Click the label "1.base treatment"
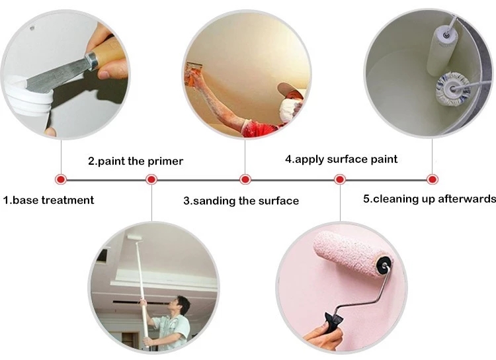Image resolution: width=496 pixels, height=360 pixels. (48, 200)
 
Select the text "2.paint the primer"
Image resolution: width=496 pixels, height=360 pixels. (136, 161)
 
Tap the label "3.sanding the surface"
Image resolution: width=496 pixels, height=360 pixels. (241, 201)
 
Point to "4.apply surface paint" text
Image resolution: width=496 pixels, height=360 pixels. (341, 159)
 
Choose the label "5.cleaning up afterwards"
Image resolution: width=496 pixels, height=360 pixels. (429, 199)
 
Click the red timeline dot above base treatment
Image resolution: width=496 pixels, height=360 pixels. (60, 179)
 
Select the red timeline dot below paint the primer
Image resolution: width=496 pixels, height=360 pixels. (151, 179)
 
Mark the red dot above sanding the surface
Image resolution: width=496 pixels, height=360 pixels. (245, 179)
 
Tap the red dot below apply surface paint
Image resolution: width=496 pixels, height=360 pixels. (340, 179)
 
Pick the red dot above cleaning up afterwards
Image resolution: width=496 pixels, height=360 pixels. (432, 179)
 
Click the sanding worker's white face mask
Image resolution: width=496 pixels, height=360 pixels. (288, 110)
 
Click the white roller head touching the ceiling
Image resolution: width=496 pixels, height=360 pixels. (134, 237)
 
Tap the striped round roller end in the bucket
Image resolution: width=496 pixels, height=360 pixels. (452, 89)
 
